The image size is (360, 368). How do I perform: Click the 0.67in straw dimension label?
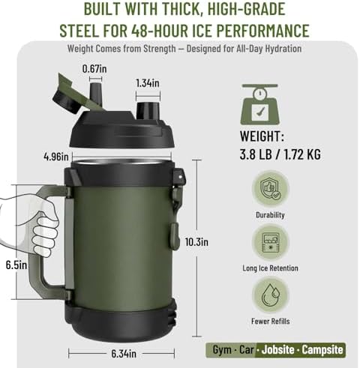pyautogui.click(x=94, y=69)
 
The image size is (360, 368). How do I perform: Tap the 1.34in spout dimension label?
pyautogui.click(x=148, y=83)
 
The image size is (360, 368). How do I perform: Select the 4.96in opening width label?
pyautogui.click(x=56, y=157)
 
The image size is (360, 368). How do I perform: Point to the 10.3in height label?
pyautogui.click(x=196, y=242)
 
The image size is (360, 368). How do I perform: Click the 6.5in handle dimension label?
pyautogui.click(x=16, y=265)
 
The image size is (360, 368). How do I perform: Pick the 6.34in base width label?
pyautogui.click(x=124, y=354)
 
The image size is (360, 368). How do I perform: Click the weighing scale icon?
pyautogui.click(x=260, y=104)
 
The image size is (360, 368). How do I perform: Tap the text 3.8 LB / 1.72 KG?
pyautogui.click(x=280, y=154)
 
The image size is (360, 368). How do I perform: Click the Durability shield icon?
pyautogui.click(x=270, y=188)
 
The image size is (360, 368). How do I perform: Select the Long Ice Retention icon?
pyautogui.click(x=270, y=242)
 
